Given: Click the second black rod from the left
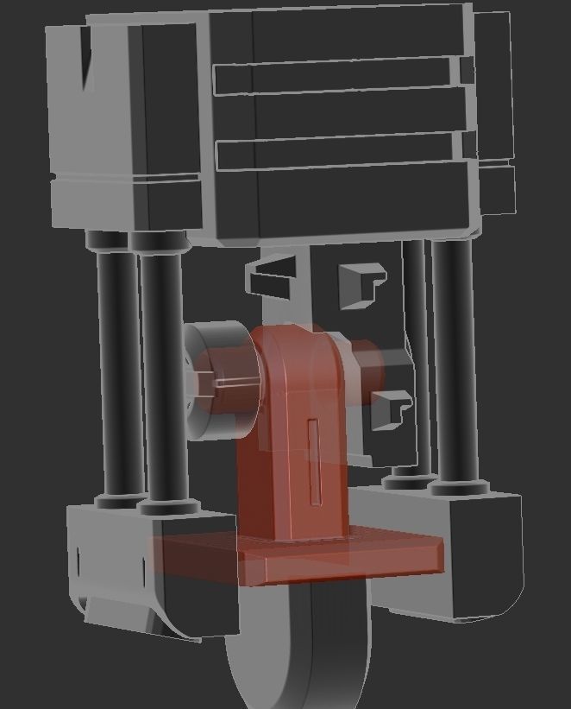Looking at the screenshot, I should (x=162, y=371).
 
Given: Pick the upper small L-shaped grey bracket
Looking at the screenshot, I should (x=361, y=283).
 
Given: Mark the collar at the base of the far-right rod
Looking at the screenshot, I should (x=455, y=489).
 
